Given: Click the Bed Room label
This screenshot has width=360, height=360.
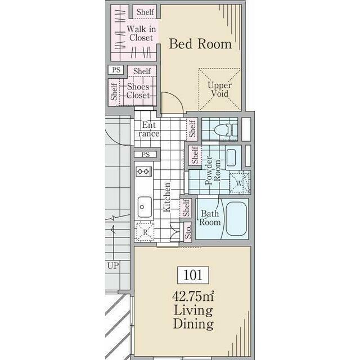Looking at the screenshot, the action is (200, 44).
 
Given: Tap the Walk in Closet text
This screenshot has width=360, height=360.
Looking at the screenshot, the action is (141, 34).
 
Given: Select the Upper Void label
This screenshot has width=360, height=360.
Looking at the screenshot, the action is (219, 89).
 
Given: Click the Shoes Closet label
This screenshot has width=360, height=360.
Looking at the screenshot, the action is (138, 91).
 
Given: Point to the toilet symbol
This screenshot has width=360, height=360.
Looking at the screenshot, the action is (226, 130).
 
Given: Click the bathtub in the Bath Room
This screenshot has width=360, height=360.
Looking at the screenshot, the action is (236, 219).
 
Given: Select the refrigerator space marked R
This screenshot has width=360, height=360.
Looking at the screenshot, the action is (145, 232).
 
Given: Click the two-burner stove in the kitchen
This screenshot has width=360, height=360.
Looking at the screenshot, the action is (144, 172).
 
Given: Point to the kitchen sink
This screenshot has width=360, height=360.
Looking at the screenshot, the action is (145, 207).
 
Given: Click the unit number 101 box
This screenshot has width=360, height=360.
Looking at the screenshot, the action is (193, 275).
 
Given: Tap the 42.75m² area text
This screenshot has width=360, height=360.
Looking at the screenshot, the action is (193, 296).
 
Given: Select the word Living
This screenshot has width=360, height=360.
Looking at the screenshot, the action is (193, 310).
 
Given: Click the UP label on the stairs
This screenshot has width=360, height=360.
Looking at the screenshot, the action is (113, 266).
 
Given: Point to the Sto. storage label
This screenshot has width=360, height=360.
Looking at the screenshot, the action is (188, 232).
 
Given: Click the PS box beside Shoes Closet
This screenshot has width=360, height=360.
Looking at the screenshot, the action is (116, 70).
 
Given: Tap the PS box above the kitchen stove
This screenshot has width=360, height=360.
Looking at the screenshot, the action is (146, 154).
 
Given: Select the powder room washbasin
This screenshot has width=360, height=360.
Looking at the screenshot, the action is (231, 157).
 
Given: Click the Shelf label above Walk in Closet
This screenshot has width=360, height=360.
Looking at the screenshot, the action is (145, 12).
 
